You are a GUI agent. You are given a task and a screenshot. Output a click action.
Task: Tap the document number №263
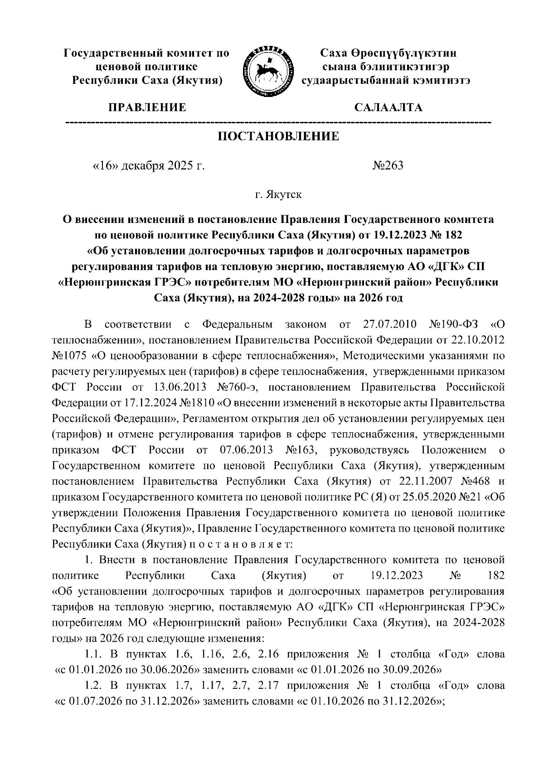(x=388, y=166)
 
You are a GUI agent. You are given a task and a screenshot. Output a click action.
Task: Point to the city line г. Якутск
(x=278, y=195)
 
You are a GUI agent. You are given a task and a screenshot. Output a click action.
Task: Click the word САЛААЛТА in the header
(x=388, y=108)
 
